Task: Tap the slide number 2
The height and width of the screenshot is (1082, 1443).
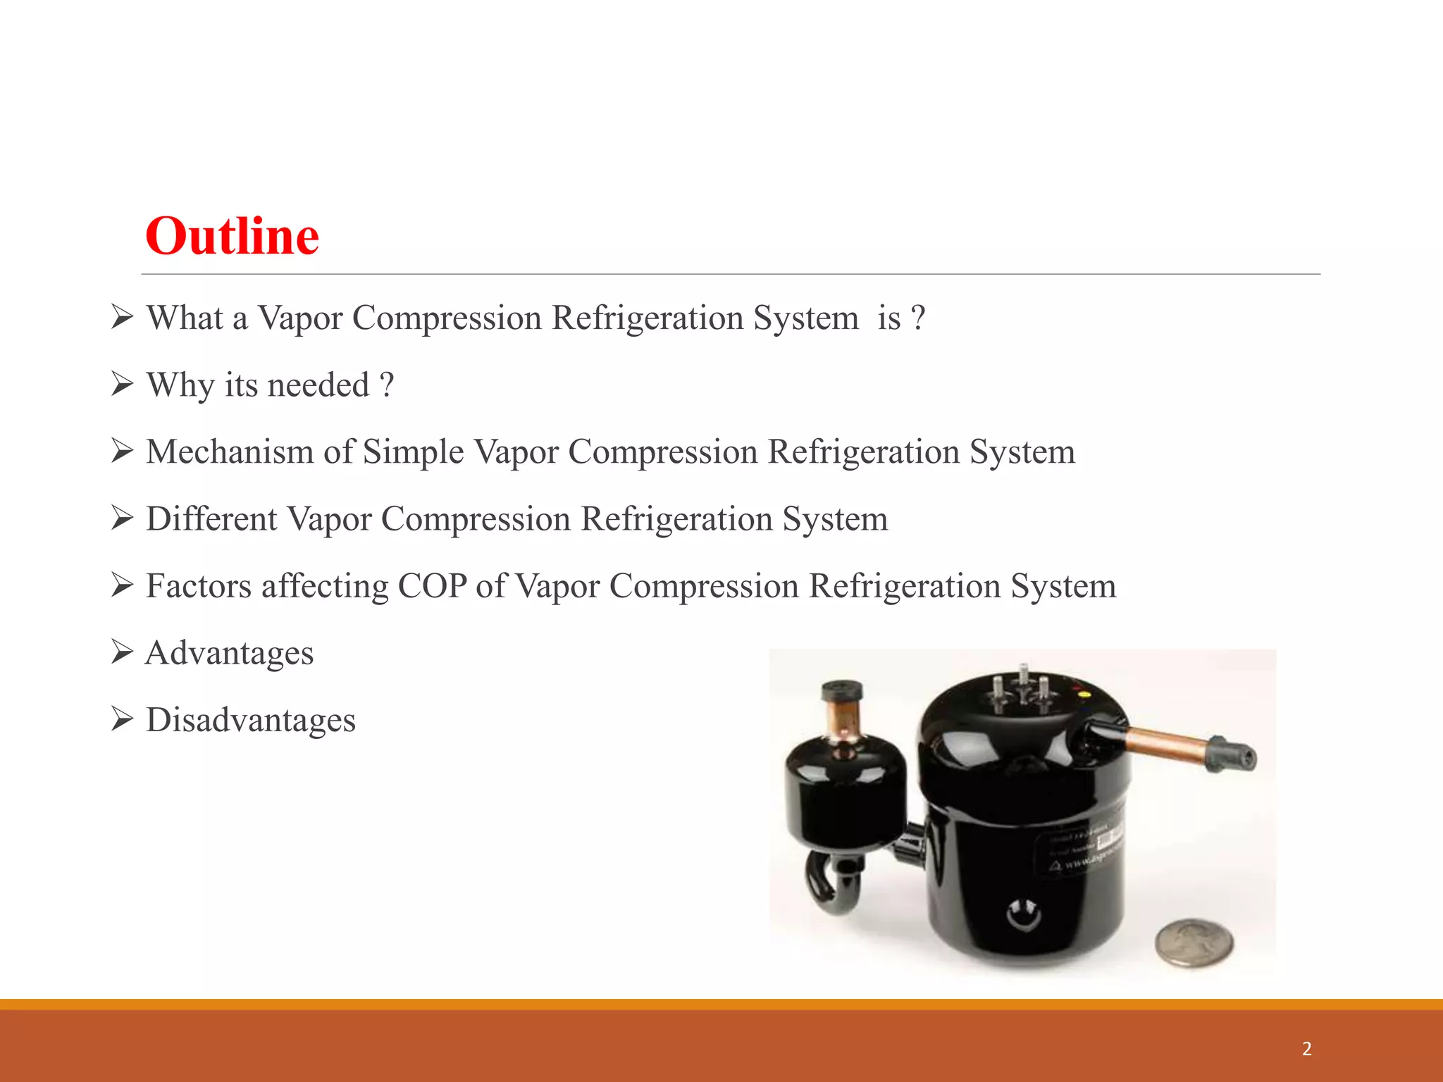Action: click(1307, 1049)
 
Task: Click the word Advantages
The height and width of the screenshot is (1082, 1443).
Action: click(230, 653)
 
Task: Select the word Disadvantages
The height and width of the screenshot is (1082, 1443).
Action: click(251, 720)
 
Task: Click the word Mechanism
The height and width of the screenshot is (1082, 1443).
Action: click(230, 452)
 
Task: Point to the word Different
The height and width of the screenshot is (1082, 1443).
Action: click(211, 519)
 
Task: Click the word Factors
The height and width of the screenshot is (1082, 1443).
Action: click(198, 586)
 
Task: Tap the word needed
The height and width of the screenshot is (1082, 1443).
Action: click(318, 385)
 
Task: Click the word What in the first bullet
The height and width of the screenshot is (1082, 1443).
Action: click(185, 318)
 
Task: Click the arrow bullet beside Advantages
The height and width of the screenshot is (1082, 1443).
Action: click(122, 652)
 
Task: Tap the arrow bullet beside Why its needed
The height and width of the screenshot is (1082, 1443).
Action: click(122, 385)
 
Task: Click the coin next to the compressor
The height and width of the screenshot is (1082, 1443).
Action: click(1194, 942)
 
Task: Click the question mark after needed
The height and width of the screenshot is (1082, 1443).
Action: click(386, 385)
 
